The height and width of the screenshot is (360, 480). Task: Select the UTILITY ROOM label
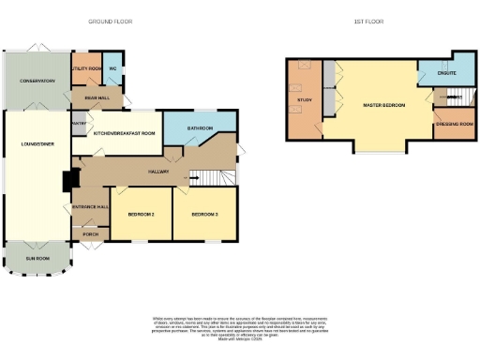pos(87,68)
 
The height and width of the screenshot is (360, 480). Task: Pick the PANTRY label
pos(80,122)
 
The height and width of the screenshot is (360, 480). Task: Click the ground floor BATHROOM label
pos(200,128)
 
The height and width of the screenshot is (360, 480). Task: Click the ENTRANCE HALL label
pos(91,206)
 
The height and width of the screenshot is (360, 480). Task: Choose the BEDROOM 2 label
pos(141,215)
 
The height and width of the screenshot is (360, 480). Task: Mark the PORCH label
pos(91,234)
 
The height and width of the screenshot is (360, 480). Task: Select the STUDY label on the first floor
pos(304,99)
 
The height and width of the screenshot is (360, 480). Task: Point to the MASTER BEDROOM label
pos(383,105)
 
